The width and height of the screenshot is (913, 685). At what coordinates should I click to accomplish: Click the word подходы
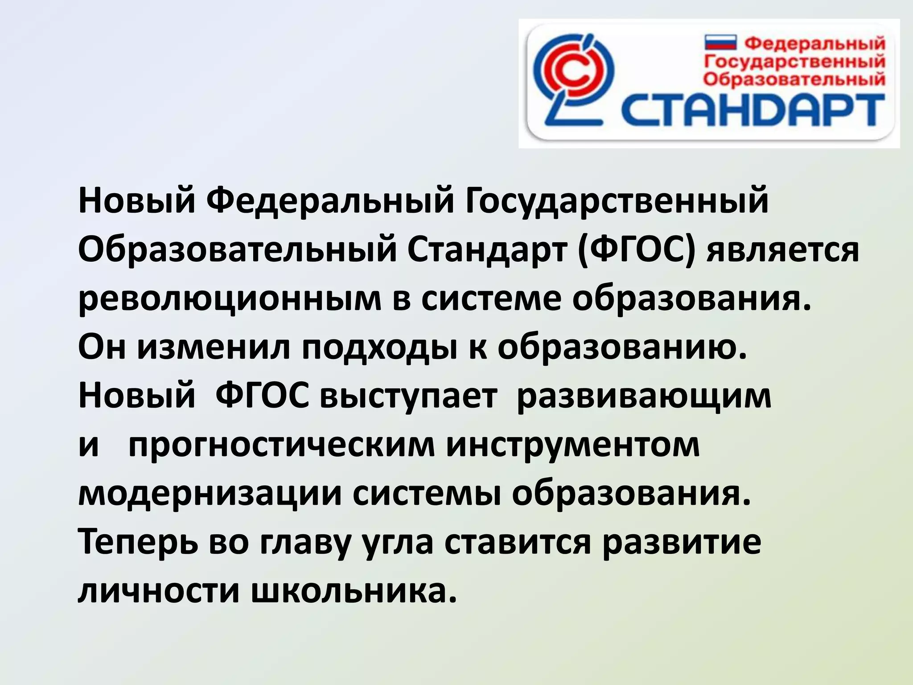tap(379, 349)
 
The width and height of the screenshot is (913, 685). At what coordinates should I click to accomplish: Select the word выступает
tap(408, 397)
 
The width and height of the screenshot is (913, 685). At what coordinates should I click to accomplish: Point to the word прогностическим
tap(281, 446)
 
